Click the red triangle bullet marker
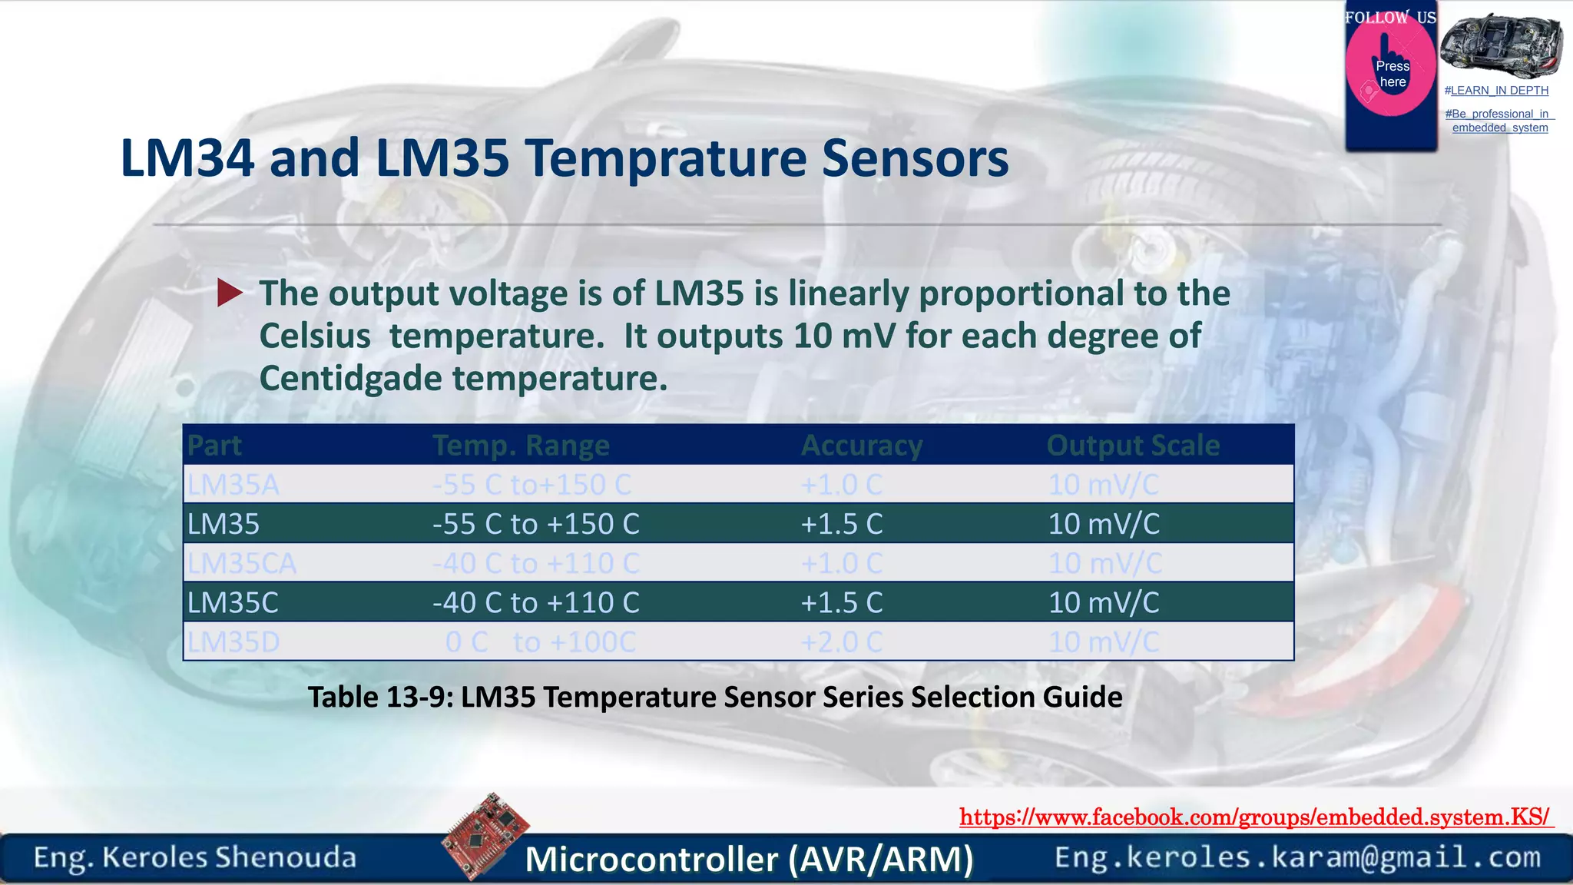click(229, 293)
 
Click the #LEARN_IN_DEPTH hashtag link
click(1496, 91)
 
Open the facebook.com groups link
click(1255, 817)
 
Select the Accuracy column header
click(862, 446)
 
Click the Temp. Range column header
click(521, 446)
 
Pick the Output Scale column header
click(1133, 446)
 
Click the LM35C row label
click(233, 602)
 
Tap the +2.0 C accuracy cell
click(842, 641)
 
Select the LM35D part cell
click(233, 641)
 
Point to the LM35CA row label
click(242, 563)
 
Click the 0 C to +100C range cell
click(541, 641)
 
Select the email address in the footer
click(1297, 857)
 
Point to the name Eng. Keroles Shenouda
click(195, 857)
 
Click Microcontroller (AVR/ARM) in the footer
click(749, 859)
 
